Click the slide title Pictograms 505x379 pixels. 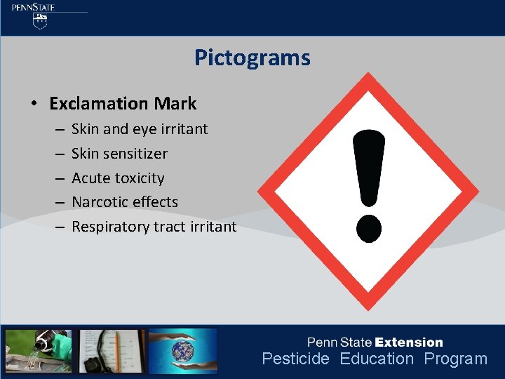click(x=252, y=58)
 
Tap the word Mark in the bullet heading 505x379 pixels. click(x=175, y=104)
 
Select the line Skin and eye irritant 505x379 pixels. click(x=140, y=129)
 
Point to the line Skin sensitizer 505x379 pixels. click(x=119, y=153)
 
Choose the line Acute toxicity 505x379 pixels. click(x=118, y=178)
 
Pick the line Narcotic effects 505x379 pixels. click(x=125, y=202)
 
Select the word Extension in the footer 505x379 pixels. click(x=409, y=343)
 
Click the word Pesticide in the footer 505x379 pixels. click(x=295, y=359)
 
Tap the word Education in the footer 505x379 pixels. click(x=377, y=359)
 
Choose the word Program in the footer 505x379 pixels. click(x=455, y=359)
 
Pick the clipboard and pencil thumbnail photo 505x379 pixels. click(x=112, y=350)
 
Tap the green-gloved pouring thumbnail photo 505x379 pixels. click(x=39, y=350)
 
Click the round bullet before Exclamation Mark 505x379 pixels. click(x=34, y=105)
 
